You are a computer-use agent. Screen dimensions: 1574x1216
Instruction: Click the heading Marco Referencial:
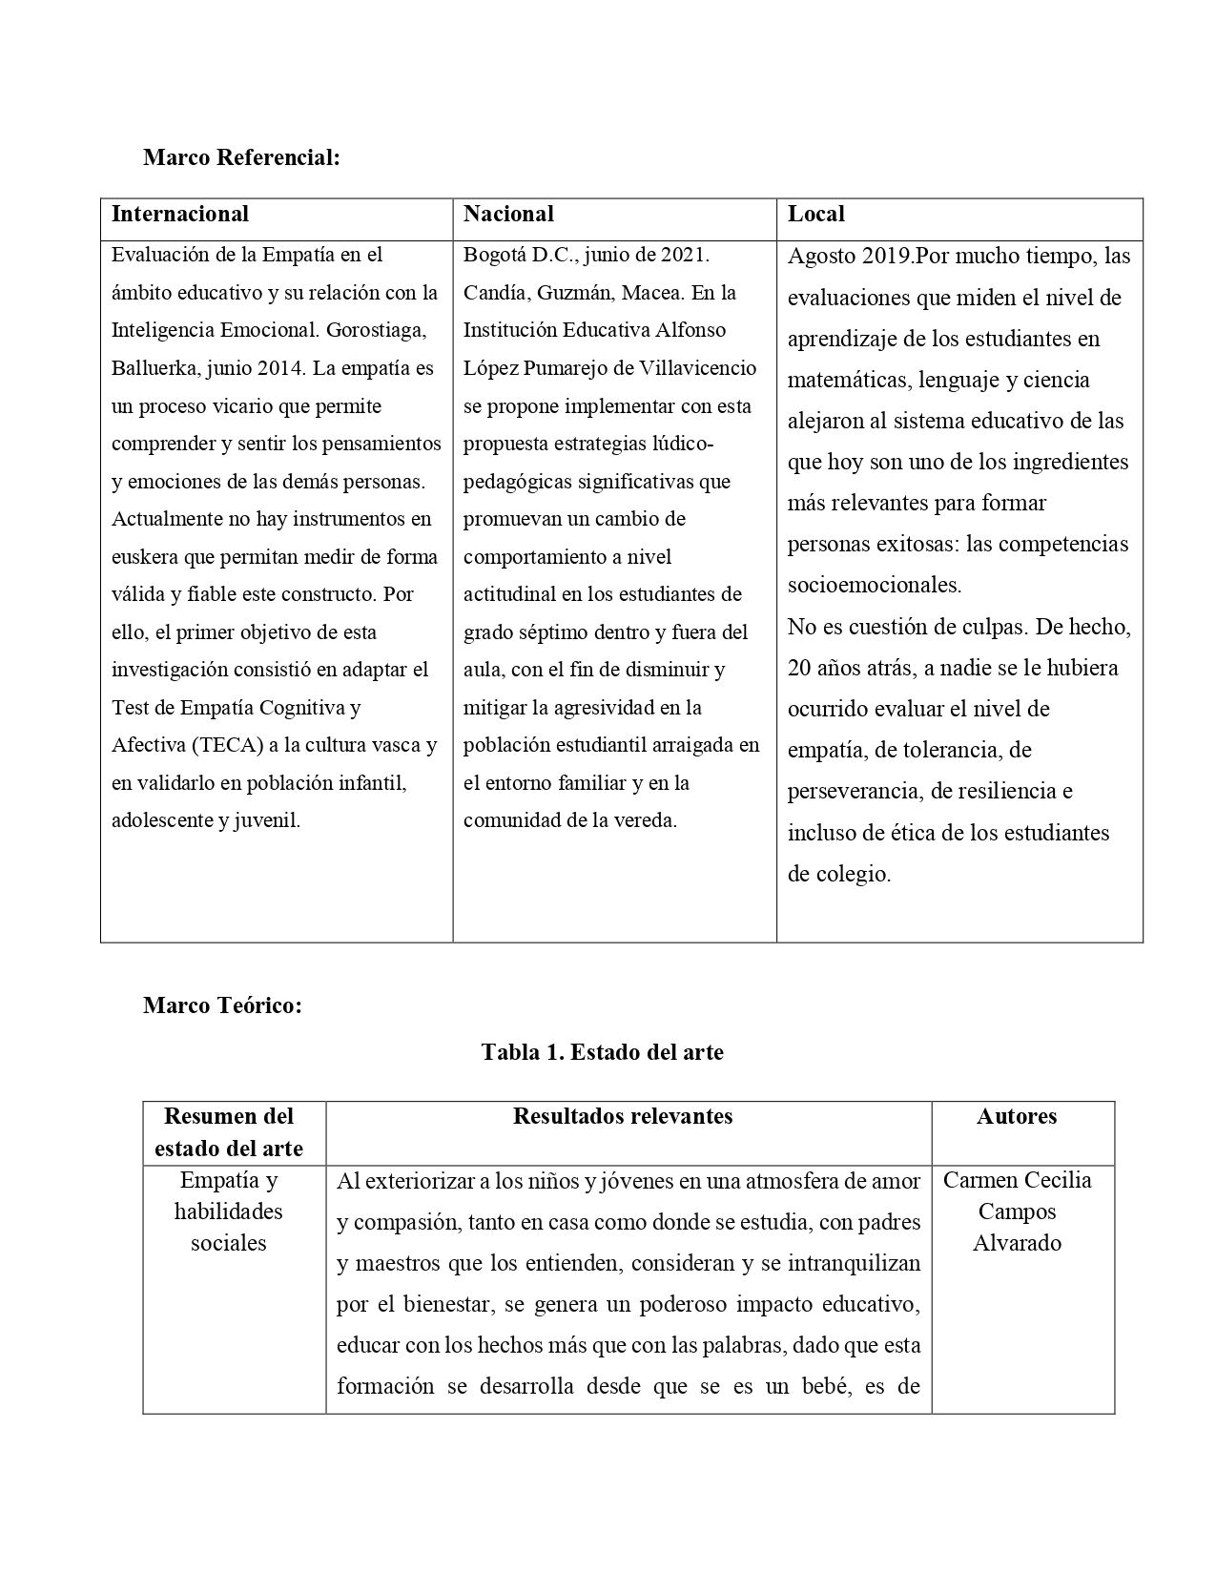click(x=241, y=157)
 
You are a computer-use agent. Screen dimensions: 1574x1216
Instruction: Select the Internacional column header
click(x=180, y=214)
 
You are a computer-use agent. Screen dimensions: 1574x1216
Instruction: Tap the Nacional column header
click(x=508, y=214)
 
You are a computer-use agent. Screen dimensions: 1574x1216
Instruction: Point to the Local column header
click(x=816, y=214)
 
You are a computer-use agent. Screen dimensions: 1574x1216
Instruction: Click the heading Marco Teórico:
click(x=222, y=1005)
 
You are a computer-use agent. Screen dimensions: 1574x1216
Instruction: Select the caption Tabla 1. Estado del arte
click(x=602, y=1052)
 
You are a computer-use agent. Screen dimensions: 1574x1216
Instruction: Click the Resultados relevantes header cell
click(x=623, y=1116)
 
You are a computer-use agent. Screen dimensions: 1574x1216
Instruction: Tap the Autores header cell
click(x=1017, y=1116)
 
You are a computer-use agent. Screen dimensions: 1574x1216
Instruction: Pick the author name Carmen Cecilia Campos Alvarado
click(x=1017, y=1212)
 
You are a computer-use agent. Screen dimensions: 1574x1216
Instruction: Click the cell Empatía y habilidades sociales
click(x=229, y=1212)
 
